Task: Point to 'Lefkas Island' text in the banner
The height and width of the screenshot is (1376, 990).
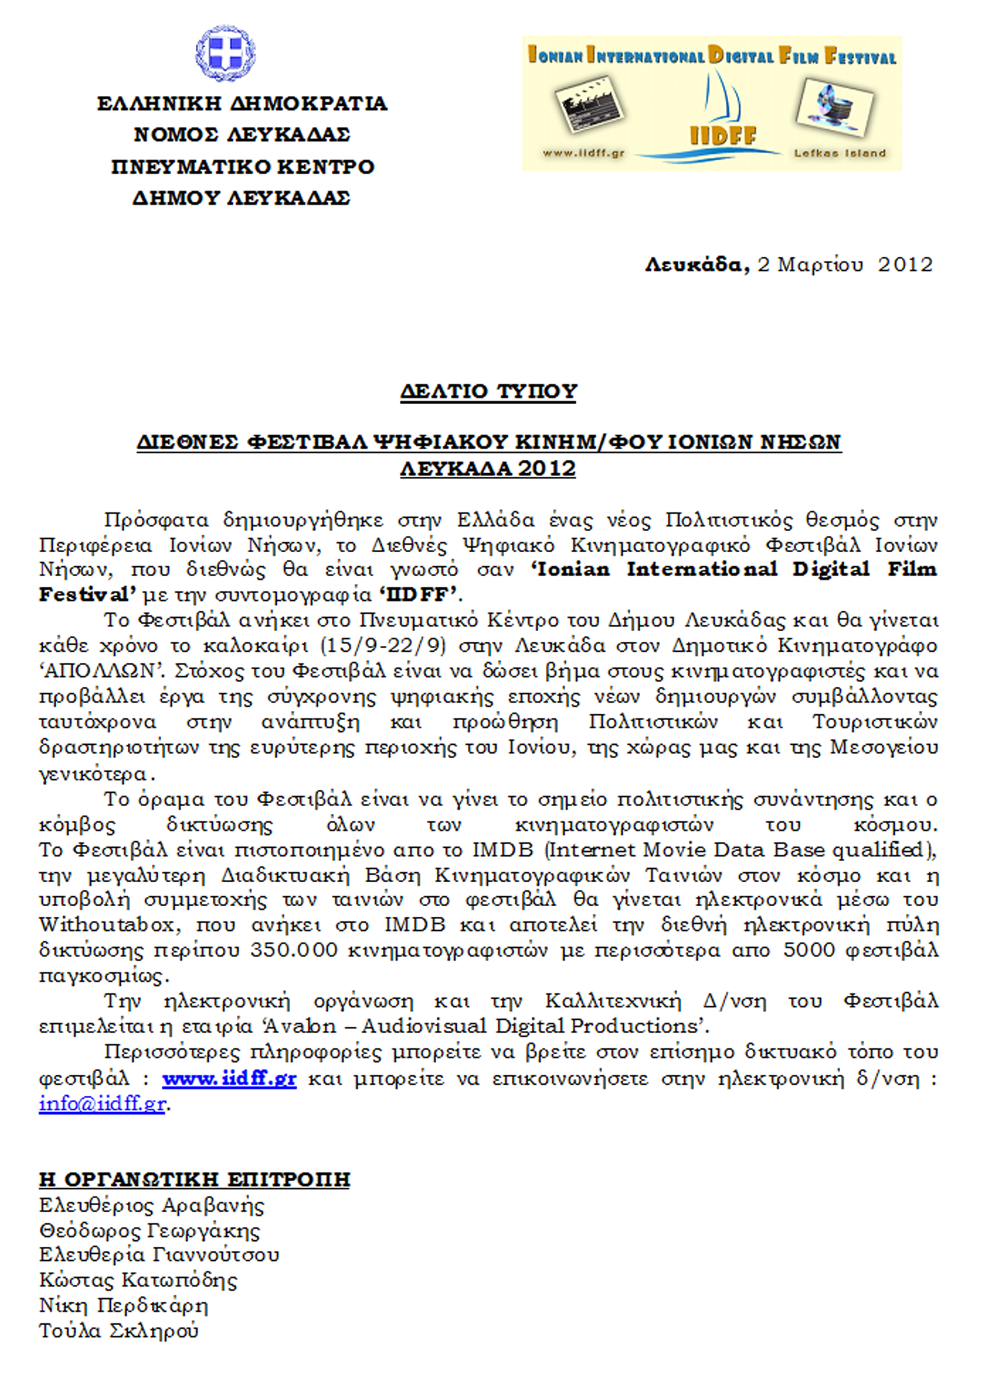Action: (840, 154)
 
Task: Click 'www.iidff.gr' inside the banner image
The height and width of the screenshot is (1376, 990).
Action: (583, 154)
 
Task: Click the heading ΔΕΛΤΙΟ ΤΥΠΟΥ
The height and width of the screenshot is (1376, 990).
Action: (488, 392)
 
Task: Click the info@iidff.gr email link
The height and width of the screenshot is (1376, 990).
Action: (102, 1104)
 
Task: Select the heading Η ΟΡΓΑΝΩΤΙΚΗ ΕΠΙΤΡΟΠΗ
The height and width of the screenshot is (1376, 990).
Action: (194, 1179)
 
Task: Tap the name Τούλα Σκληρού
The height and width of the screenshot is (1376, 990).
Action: (119, 1331)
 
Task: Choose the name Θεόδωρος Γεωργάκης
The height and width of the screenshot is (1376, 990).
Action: (149, 1230)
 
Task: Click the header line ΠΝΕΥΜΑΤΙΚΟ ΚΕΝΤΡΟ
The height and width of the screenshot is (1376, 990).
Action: (243, 167)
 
